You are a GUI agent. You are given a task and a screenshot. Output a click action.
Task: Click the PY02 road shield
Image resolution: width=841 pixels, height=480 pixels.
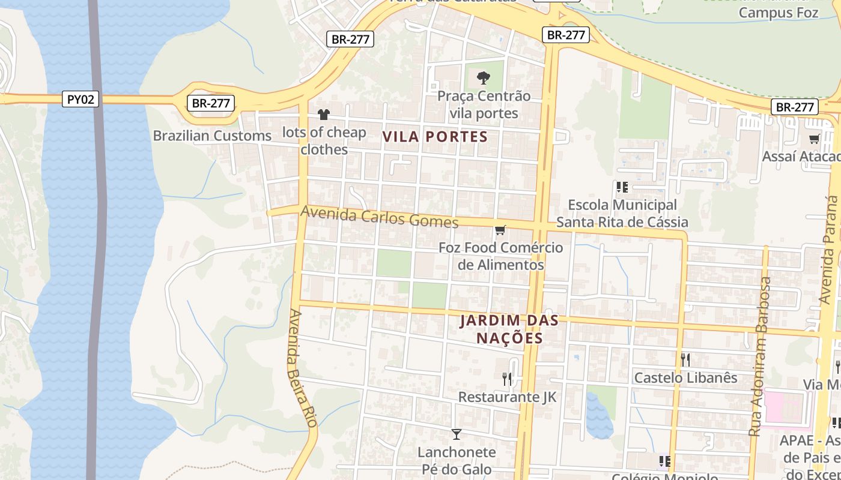coord(80,99)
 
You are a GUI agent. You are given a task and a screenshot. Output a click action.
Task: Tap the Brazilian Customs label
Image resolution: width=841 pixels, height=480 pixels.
coord(212,136)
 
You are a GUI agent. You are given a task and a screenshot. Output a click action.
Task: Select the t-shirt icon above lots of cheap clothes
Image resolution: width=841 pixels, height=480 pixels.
coord(324,114)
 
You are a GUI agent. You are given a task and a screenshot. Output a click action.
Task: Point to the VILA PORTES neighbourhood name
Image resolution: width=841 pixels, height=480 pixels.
coord(435,137)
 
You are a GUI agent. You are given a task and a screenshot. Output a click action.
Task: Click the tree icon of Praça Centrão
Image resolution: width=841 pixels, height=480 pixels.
coord(483,77)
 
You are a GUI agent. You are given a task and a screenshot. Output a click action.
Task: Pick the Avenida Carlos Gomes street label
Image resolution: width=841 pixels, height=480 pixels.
coord(379,217)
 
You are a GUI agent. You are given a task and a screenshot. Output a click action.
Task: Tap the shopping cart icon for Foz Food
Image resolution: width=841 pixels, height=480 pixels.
coord(500,230)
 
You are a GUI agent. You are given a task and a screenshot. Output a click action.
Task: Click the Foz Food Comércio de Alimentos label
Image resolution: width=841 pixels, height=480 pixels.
coord(500,256)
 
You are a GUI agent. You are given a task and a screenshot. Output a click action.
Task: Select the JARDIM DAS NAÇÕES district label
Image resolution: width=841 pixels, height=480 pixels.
coord(509,329)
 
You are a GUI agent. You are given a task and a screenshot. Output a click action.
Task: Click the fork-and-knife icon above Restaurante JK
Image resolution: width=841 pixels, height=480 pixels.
coord(507,379)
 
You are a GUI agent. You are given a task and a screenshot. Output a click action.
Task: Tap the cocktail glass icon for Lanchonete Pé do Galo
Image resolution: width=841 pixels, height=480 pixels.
coord(457,434)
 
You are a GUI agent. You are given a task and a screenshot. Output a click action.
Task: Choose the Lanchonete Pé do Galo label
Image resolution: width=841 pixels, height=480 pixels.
coord(457,461)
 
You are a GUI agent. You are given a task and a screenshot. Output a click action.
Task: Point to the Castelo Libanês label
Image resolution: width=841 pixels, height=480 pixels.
coord(685,378)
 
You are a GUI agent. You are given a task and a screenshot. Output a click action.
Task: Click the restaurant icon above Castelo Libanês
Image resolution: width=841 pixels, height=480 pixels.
coord(685,359)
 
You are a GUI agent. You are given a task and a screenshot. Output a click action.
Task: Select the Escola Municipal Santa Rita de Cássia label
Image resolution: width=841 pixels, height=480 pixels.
coord(622,214)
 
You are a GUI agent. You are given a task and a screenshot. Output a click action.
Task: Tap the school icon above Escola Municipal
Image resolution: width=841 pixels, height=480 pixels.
coord(622,187)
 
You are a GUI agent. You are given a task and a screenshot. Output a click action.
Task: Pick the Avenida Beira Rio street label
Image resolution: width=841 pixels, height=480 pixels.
coord(302,368)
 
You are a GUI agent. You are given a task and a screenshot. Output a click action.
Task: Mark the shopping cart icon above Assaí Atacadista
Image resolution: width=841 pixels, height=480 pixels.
coord(814,139)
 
